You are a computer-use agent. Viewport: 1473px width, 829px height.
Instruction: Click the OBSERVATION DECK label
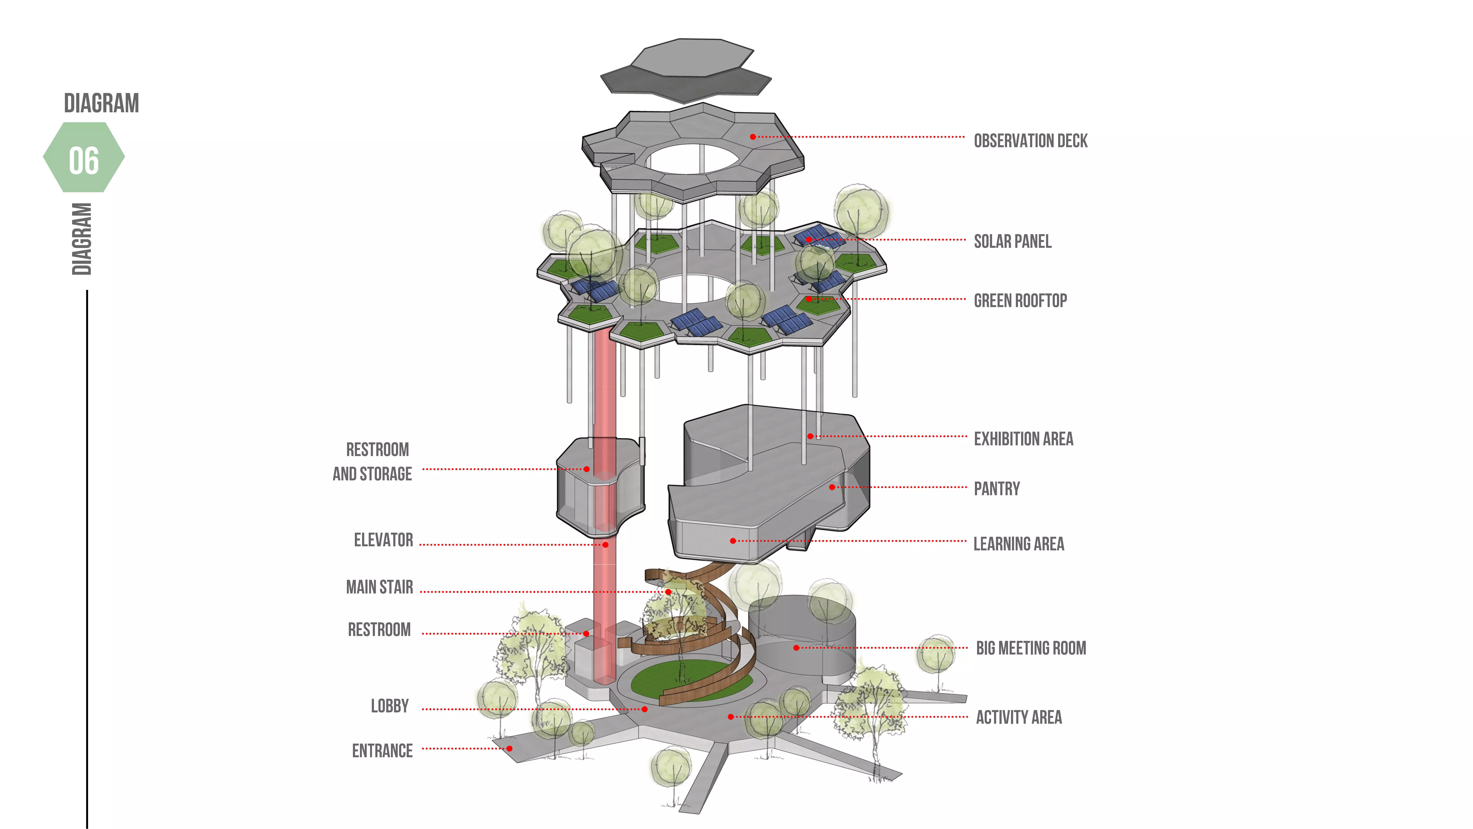1030,141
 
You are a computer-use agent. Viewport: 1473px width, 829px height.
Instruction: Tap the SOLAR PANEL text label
1012,241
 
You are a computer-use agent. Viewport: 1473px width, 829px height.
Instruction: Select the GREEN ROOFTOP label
1020,300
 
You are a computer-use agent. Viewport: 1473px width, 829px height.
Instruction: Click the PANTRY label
997,489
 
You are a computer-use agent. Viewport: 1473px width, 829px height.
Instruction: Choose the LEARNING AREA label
1018,544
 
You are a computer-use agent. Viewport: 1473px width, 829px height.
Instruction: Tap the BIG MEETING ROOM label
1030,648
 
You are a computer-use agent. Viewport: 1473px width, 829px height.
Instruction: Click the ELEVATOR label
383,540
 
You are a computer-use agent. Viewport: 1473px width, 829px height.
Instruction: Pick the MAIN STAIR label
379,587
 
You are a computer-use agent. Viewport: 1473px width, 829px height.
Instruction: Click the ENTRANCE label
382,751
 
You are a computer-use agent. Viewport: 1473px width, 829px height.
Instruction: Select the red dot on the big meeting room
796,648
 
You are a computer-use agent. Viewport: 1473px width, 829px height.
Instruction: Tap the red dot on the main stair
668,592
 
